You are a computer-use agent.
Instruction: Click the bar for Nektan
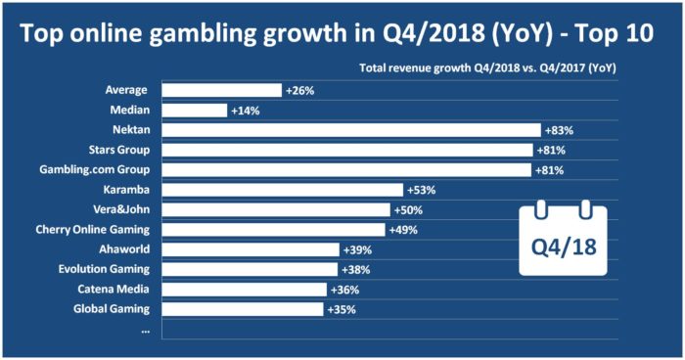click(x=350, y=130)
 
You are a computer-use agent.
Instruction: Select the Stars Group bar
click(x=346, y=150)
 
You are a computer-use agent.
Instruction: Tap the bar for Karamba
click(x=282, y=190)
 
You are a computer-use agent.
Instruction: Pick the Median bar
click(x=194, y=111)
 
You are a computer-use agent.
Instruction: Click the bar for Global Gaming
click(x=242, y=309)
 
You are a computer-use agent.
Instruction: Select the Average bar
click(x=221, y=90)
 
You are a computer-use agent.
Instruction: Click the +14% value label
click(x=246, y=111)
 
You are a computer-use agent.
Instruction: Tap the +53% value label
click(x=421, y=190)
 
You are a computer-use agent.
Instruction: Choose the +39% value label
click(x=357, y=249)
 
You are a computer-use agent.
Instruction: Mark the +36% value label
click(x=344, y=290)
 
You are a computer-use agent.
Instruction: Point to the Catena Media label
click(x=113, y=289)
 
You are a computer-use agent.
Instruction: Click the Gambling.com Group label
click(x=91, y=169)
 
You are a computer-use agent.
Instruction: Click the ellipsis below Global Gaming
click(x=145, y=330)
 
